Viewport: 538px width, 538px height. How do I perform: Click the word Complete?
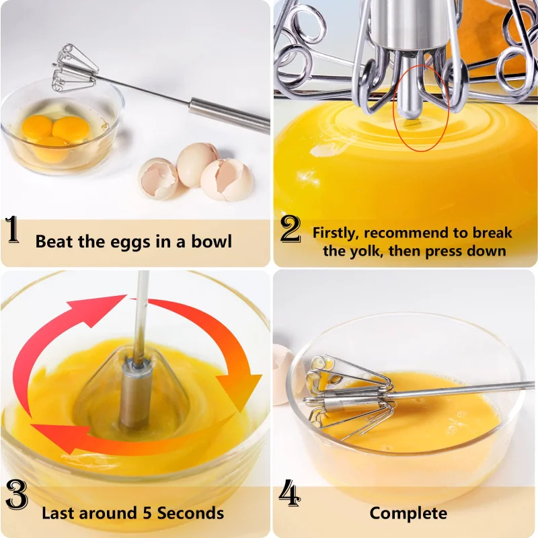pos(408,513)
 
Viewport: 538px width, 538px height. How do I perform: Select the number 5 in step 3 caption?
pos(145,513)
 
